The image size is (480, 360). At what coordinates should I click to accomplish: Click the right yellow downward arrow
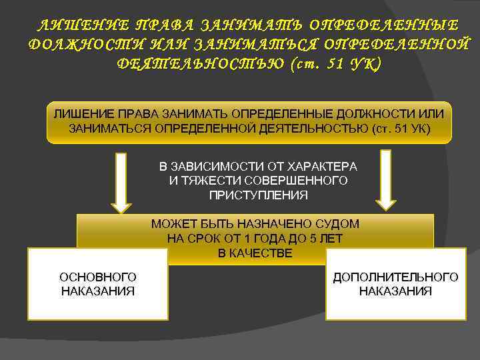coord(385,179)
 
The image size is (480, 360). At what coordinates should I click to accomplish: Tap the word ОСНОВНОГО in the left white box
coord(98,277)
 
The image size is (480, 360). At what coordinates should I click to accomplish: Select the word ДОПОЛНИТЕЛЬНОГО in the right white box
coord(395,277)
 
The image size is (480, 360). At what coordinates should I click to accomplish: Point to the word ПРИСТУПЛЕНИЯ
coord(259,195)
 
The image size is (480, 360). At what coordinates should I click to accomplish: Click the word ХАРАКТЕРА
coord(323,166)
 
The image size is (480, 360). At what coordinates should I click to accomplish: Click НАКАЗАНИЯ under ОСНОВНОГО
coord(98,291)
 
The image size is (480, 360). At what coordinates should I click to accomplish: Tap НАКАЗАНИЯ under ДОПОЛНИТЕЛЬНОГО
coord(395,291)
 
